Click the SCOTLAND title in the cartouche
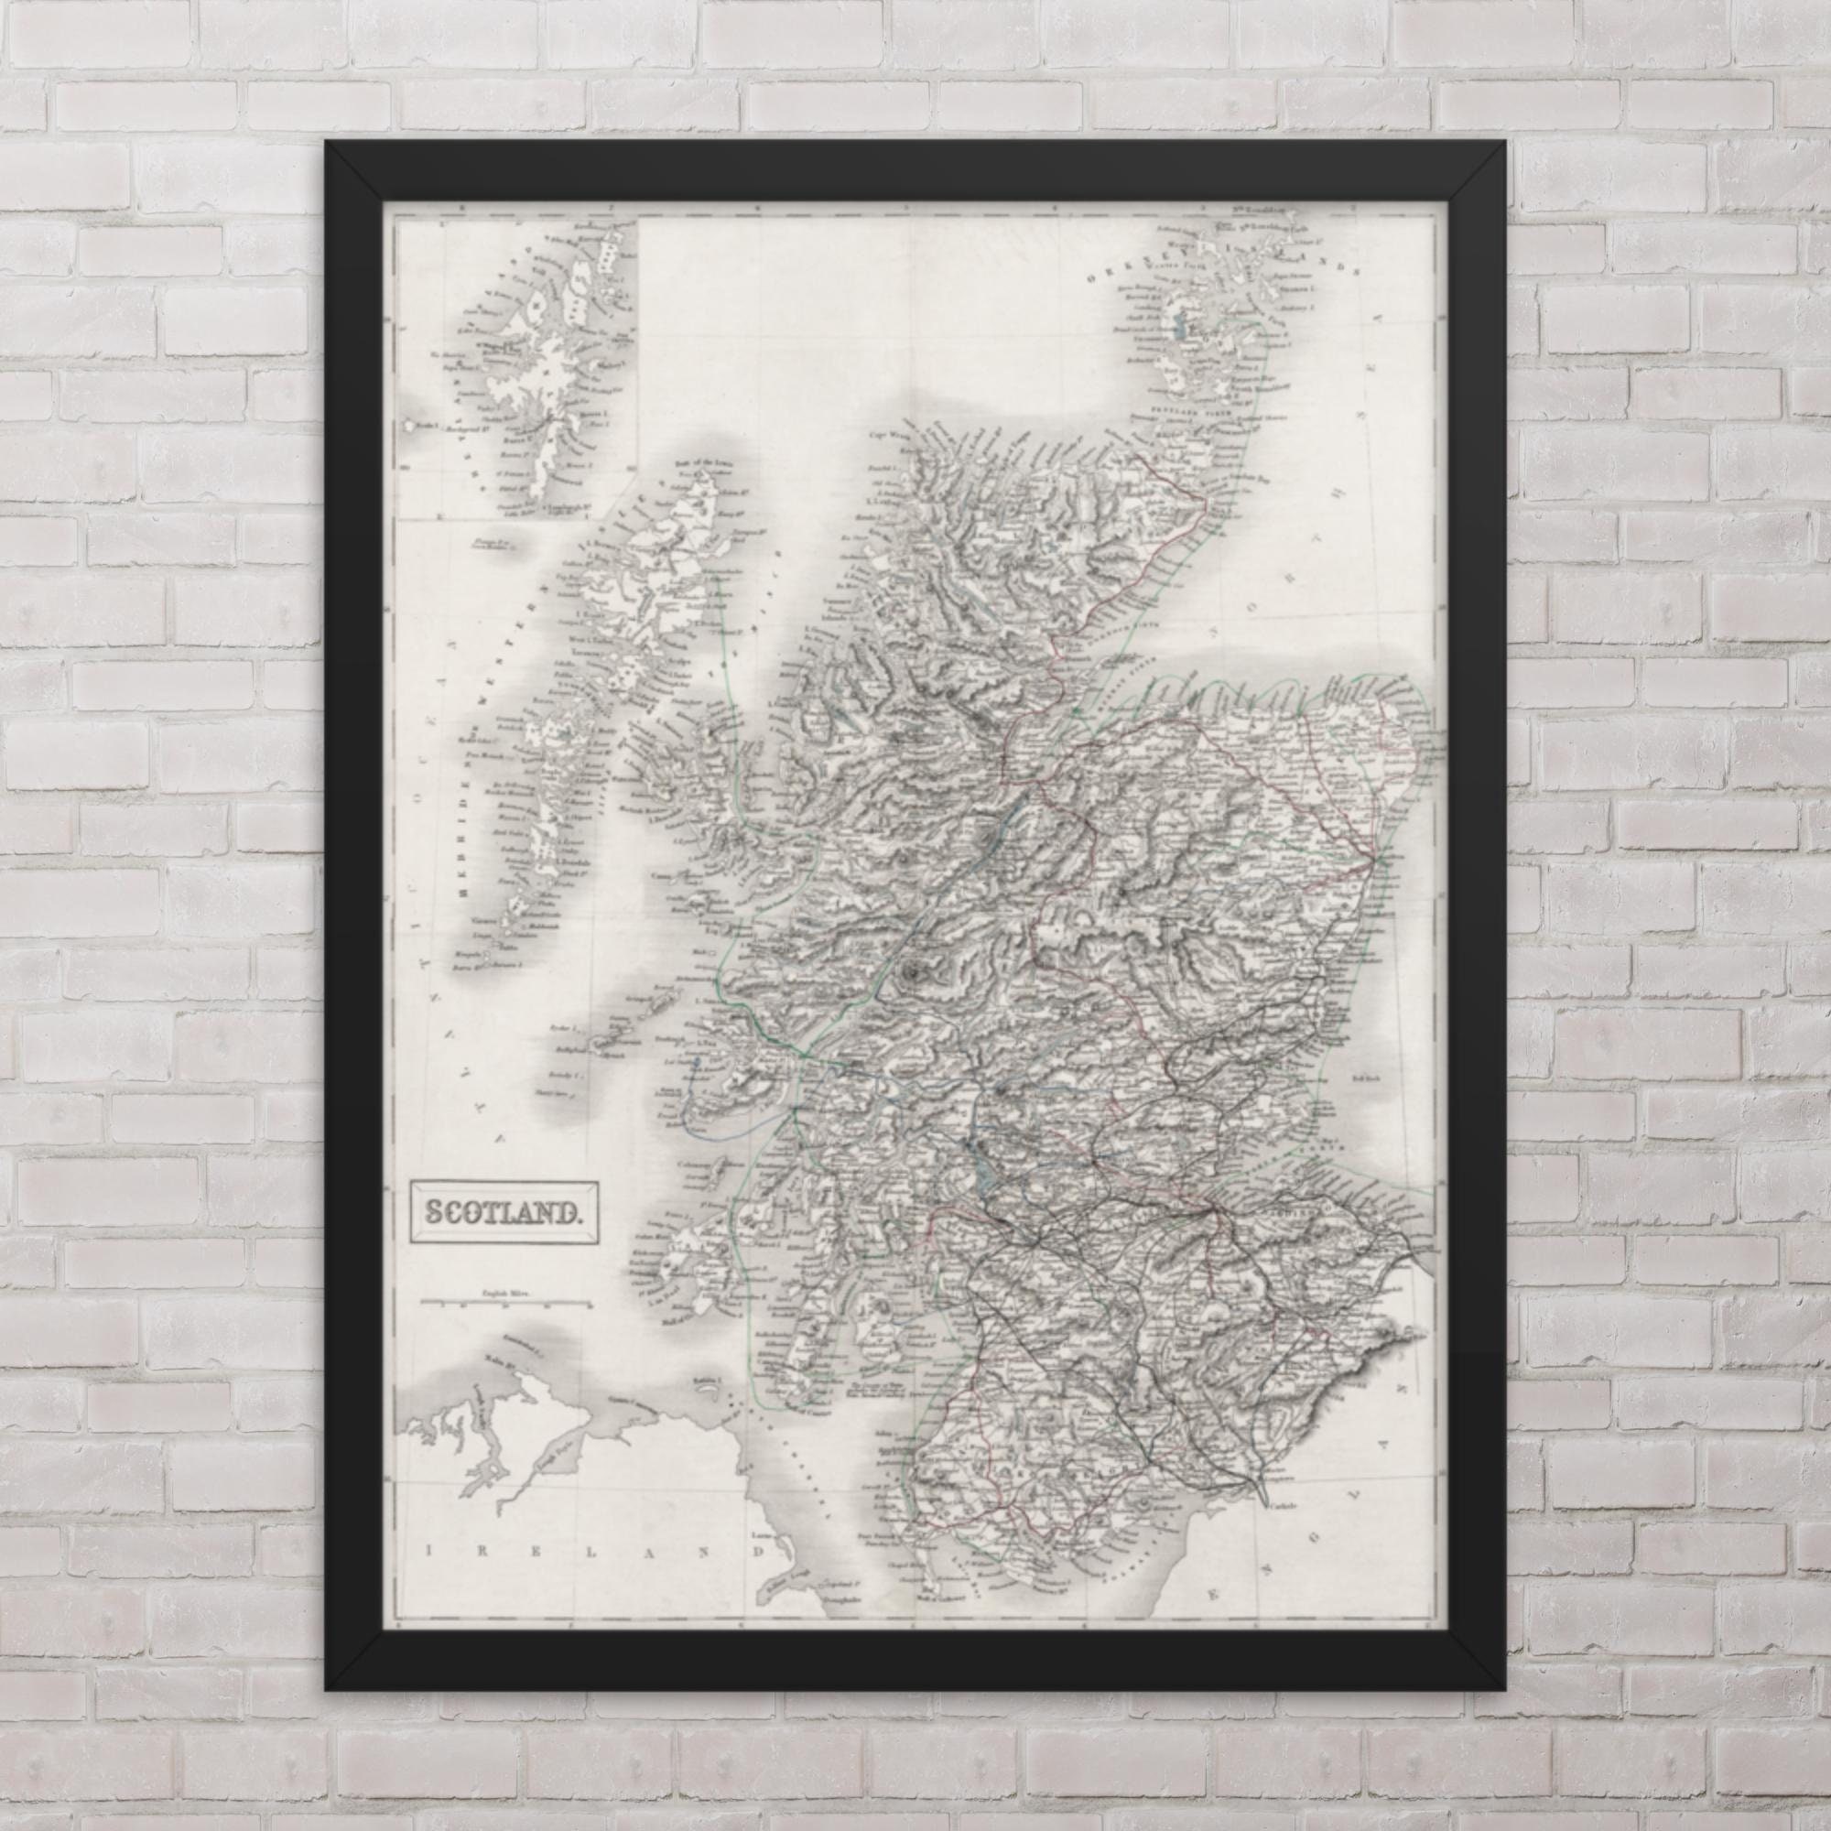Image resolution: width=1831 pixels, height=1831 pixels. point(503,1210)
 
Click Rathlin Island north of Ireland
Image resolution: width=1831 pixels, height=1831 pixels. point(703,1379)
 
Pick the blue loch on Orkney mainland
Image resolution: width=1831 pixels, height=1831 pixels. point(1181,330)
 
